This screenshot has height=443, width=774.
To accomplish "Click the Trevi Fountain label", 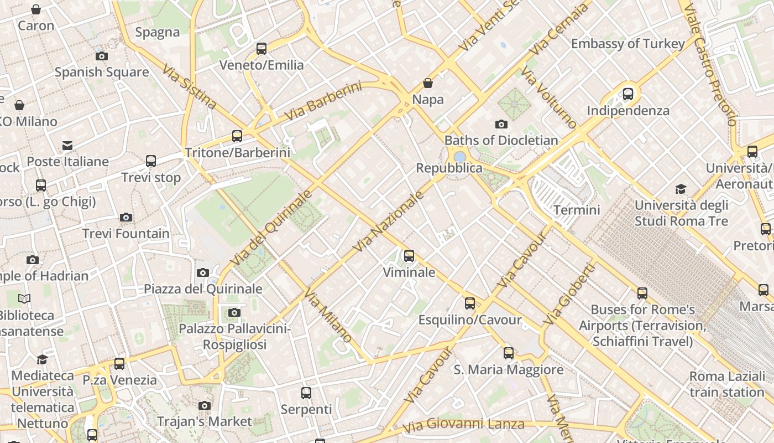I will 126,234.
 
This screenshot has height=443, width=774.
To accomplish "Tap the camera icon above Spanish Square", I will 101,56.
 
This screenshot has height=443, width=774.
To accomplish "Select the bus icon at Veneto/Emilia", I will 262,49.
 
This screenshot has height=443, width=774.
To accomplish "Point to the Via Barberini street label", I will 323,101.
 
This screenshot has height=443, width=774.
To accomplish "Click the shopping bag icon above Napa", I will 428,84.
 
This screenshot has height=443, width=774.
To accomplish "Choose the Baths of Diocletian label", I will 501,140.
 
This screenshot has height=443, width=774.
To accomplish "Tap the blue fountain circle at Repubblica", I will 460,157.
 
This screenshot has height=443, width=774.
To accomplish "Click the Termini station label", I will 577,210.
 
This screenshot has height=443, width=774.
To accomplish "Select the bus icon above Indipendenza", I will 628,94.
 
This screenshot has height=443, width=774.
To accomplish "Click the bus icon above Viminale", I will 409,256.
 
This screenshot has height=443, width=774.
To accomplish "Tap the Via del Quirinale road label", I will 271,228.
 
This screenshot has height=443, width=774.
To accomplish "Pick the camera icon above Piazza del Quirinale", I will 203,272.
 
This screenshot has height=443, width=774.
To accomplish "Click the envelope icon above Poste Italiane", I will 67,146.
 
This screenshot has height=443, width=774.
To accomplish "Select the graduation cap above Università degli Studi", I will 681,189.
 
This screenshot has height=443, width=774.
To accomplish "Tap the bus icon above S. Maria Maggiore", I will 509,353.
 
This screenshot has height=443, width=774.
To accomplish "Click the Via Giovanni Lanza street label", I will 463,425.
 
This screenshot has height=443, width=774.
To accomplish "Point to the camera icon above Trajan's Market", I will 205,405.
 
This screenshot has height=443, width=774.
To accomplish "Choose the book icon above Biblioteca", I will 24,299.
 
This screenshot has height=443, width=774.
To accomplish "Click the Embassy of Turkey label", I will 627,44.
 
